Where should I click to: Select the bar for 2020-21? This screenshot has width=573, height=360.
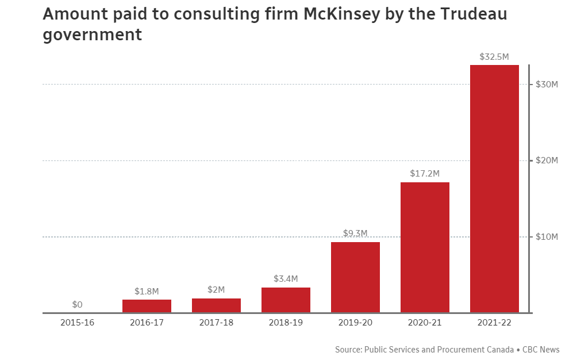click(425, 247)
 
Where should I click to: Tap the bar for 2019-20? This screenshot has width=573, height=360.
click(355, 277)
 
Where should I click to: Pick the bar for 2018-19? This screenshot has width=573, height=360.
click(286, 300)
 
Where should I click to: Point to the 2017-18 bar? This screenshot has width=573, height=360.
click(216, 305)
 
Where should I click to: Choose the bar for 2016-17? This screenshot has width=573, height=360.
click(147, 306)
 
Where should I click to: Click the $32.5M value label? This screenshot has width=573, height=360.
click(494, 57)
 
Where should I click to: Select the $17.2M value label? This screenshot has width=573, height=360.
click(425, 173)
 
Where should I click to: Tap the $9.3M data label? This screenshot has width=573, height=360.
click(355, 233)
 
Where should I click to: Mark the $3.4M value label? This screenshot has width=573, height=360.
click(286, 279)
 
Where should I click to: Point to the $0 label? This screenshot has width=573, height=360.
click(78, 304)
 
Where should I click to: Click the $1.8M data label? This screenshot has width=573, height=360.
click(147, 291)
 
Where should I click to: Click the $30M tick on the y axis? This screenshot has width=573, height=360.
click(547, 85)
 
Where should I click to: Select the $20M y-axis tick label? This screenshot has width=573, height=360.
click(547, 160)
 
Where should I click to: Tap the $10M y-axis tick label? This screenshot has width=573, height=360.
click(547, 237)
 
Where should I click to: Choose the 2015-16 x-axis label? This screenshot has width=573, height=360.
click(78, 323)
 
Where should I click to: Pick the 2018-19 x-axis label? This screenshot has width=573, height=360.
click(286, 323)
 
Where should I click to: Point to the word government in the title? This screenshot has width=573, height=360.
click(93, 35)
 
